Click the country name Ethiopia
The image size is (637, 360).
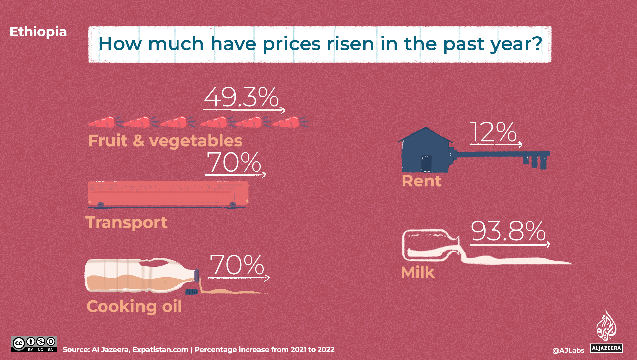[x=38, y=32]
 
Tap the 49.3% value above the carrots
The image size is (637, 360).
[x=241, y=97]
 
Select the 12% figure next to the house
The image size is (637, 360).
[x=493, y=132]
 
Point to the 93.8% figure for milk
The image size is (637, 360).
[x=508, y=231]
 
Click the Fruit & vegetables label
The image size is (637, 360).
[x=165, y=141]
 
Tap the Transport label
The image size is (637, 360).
[x=126, y=222]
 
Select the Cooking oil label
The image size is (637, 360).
[x=134, y=306]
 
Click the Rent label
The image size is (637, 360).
[x=421, y=181]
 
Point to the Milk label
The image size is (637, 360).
[x=418, y=272]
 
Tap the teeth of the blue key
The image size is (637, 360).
[x=535, y=162]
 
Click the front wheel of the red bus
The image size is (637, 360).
[x=233, y=205]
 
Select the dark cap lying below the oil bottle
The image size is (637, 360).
[x=191, y=292]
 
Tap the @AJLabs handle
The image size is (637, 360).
[x=568, y=350]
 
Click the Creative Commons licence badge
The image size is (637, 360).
[x=34, y=344]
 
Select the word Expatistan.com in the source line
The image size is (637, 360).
[x=160, y=350]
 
